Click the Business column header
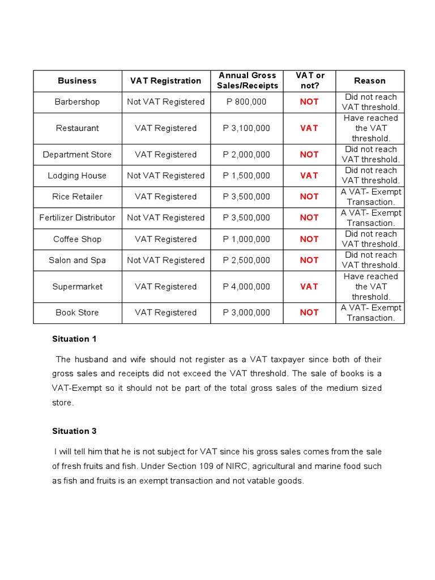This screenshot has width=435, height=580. coord(77,81)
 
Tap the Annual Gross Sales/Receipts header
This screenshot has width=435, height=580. coord(247,80)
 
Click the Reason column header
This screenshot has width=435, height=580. coord(369,81)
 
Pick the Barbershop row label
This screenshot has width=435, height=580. coord(77,102)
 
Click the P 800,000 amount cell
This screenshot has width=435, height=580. coord(247,102)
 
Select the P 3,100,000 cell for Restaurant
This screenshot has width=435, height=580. coord(247,128)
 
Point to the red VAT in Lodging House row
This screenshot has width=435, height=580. coord(309,176)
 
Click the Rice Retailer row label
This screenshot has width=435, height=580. coord(77,197)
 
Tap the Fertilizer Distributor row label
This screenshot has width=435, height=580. coord(77,217)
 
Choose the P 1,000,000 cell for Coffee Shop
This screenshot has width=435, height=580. coord(247,239)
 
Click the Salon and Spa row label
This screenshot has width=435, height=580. coord(77,260)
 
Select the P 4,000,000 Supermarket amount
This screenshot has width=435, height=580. coord(247,287)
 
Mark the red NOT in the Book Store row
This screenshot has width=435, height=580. coord(309,312)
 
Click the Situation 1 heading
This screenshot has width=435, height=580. coord(74,339)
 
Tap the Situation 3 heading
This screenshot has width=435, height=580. coord(74,431)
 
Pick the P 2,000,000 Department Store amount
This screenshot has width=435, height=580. coord(247,155)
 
